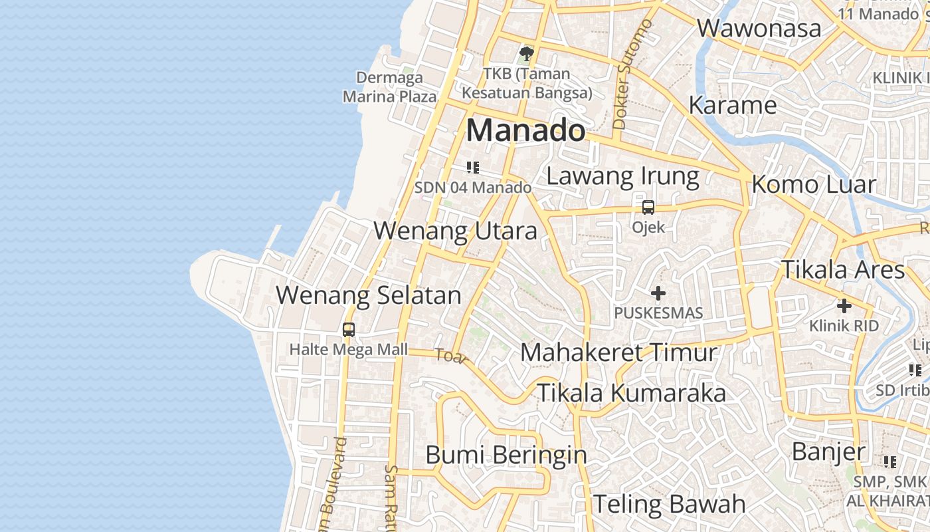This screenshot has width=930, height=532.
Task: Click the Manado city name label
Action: (525, 130)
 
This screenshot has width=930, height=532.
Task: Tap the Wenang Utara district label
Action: (455, 231)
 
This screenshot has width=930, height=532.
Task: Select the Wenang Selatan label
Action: (369, 295)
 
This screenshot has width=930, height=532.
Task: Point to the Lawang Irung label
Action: (622, 176)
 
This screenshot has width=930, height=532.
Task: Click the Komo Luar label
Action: (814, 184)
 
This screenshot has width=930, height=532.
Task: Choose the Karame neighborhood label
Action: (733, 105)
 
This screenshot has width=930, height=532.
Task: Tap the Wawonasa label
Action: (759, 29)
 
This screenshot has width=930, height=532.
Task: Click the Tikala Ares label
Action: (842, 270)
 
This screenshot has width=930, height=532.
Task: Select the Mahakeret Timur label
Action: (619, 352)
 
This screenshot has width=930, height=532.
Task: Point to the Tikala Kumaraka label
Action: (631, 393)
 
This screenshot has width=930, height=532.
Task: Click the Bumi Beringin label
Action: (506, 456)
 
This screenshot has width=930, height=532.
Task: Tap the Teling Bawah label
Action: (670, 503)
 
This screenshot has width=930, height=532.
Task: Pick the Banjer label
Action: (828, 452)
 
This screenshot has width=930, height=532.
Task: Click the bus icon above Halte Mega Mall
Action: (349, 329)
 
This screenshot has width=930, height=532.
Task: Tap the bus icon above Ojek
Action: (648, 207)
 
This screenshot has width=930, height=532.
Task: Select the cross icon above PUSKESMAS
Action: (658, 293)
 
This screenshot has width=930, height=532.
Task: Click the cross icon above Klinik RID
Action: (844, 306)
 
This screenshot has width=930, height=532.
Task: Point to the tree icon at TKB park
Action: (527, 53)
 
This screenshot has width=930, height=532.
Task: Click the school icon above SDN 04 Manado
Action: (473, 168)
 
